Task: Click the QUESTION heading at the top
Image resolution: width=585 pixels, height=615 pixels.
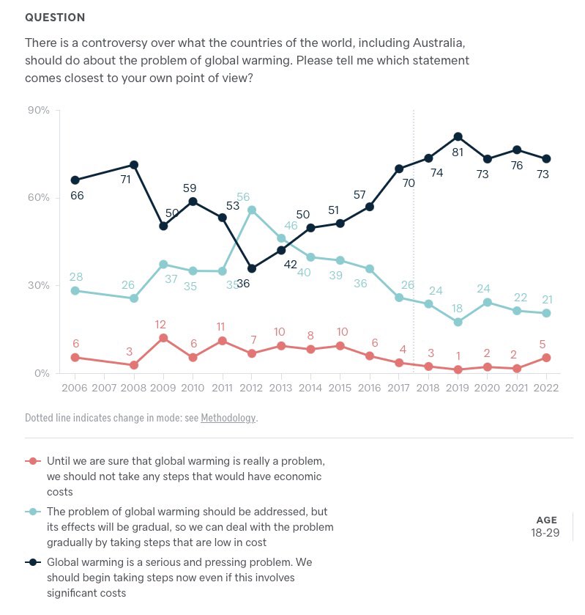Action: [x=55, y=18]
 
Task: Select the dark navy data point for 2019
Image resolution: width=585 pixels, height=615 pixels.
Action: [x=458, y=136]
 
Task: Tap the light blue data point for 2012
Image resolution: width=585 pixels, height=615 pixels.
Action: [x=252, y=210]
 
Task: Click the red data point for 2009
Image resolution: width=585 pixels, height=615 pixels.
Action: [x=164, y=338]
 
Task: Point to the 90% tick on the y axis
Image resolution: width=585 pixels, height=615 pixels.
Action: [x=38, y=110]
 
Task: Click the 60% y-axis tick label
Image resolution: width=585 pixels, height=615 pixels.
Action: [x=38, y=198]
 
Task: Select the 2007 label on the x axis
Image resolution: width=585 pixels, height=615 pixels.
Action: [x=104, y=388]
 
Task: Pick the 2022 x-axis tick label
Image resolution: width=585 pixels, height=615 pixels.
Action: [x=546, y=388]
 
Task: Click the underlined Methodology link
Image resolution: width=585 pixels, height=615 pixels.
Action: [x=228, y=418]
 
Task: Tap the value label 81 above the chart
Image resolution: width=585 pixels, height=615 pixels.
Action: [x=458, y=152]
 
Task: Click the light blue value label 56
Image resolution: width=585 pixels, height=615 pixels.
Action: [x=243, y=197]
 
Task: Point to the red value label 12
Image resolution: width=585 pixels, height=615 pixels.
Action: [x=160, y=325]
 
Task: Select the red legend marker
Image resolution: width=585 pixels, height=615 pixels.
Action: [x=33, y=461]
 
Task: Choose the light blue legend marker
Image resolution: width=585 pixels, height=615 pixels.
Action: [x=33, y=512]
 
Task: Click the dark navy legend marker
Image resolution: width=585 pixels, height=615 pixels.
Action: [x=33, y=562]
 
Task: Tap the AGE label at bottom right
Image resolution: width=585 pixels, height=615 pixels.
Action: [x=546, y=520]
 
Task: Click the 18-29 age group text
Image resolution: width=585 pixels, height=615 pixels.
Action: [x=545, y=533]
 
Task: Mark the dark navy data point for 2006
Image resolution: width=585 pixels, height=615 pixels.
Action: [x=75, y=180]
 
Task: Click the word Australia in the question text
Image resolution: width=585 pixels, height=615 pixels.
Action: [x=438, y=43]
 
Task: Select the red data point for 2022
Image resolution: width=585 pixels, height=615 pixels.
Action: [x=546, y=358]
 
